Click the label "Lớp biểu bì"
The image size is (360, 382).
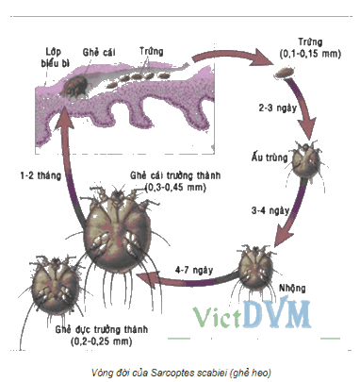pyautogui.click(x=55, y=58)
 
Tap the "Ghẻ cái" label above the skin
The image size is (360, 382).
pyautogui.click(x=99, y=52)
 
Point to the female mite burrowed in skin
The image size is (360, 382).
pyautogui.click(x=74, y=86)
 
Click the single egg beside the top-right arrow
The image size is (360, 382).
pyautogui.click(x=285, y=73)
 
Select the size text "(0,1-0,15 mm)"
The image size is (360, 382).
pyautogui.click(x=310, y=54)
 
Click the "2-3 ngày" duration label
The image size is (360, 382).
pyautogui.click(x=278, y=108)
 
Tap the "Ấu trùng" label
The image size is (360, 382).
pyautogui.click(x=270, y=157)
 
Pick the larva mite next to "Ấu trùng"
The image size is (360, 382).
pyautogui.click(x=306, y=159)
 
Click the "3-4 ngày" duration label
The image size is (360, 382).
pyautogui.click(x=270, y=210)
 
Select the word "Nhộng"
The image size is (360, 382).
pyautogui.click(x=292, y=288)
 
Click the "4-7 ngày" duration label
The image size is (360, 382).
pyautogui.click(x=194, y=271)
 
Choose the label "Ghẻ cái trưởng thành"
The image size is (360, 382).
pyautogui.click(x=175, y=175)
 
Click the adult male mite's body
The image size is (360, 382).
pyautogui.click(x=55, y=285)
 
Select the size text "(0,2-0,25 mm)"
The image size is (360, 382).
pyautogui.click(x=101, y=341)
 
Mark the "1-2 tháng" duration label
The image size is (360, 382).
pyautogui.click(x=41, y=175)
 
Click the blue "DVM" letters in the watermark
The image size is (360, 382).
pyautogui.click(x=277, y=314)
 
